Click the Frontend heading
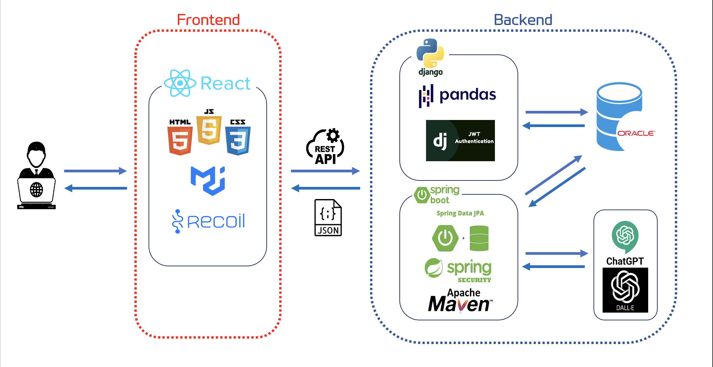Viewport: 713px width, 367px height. point(208,20)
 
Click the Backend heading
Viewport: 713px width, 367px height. point(523,20)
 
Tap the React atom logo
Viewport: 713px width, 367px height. point(180,83)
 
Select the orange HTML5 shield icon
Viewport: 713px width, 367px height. point(180,140)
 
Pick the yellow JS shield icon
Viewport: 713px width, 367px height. point(209,130)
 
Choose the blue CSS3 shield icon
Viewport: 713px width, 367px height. point(238,140)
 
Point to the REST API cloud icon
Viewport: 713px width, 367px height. point(325,147)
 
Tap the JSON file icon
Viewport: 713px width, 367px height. point(328,218)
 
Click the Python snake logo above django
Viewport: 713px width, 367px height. point(430,53)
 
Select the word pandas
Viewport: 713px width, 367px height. point(468,95)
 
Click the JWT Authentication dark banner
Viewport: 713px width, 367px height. point(460,141)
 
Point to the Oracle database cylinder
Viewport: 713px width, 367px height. point(619,117)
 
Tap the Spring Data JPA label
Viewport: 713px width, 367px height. point(460,213)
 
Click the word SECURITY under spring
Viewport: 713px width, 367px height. point(474,280)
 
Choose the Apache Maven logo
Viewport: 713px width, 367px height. point(460,300)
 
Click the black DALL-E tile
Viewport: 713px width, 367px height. point(625,290)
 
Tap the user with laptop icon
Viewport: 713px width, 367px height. point(36,176)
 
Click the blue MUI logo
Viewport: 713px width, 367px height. point(208,181)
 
